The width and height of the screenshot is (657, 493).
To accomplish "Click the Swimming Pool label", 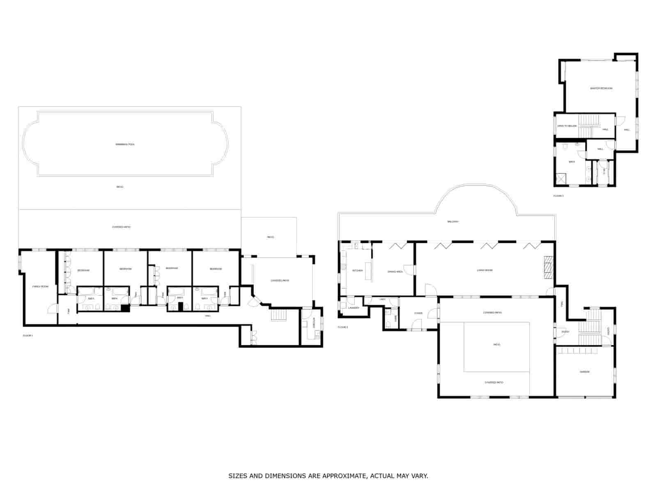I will coord(125,144).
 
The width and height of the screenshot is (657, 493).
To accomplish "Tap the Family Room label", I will coord(41,286).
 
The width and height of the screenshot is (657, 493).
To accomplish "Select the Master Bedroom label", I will coord(601,88).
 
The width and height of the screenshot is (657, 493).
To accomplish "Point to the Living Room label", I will coord(485,270).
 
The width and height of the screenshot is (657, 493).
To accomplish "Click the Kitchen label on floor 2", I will coord(358,271).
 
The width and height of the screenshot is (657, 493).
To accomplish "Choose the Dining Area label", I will coord(395,272).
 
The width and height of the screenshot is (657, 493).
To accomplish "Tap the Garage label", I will coord(585,372).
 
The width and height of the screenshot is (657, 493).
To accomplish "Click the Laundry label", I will coord(354,308).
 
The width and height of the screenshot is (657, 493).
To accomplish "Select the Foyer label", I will coord(418,313).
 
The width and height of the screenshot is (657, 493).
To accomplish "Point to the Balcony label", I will coord(453,222).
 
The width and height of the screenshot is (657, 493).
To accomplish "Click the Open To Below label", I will coord(567,126).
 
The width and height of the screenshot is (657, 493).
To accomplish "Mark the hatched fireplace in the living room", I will coord(549,267).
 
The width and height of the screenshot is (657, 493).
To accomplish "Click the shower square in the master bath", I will coord(561,179).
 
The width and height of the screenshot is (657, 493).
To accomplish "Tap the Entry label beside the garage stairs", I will coord(565,332).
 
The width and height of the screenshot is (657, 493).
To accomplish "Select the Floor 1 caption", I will coord(28,336).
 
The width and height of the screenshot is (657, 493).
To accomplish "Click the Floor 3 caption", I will coord(558,196).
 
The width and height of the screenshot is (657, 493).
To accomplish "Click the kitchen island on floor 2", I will coord(368,271).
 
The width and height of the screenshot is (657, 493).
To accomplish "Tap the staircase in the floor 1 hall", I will coord(278,316).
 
